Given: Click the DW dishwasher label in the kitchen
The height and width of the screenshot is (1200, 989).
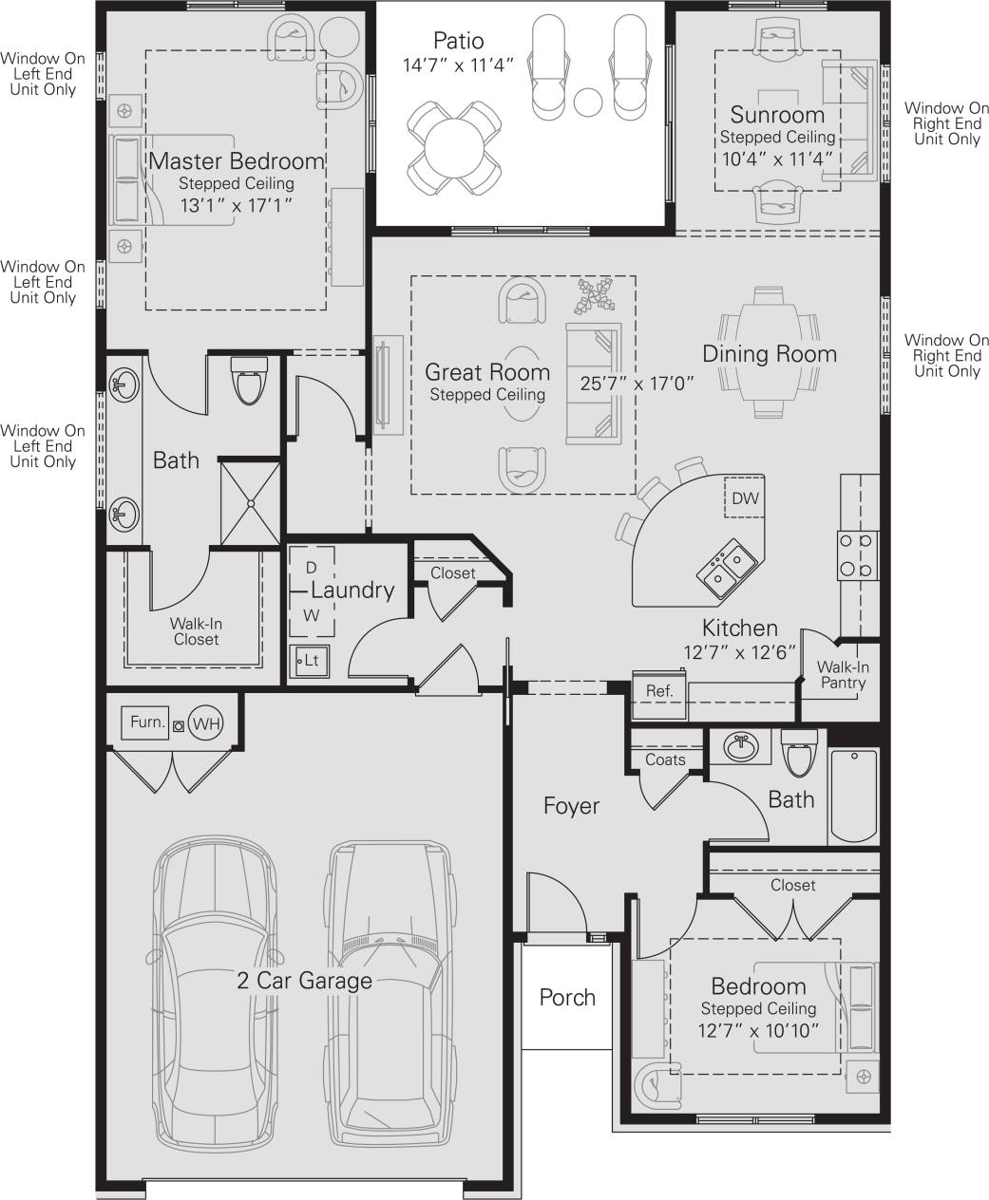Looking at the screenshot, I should [x=745, y=498].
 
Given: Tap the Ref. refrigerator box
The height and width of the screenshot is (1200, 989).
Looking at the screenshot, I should [x=659, y=691].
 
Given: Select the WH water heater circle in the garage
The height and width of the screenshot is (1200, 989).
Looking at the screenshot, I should [x=206, y=723].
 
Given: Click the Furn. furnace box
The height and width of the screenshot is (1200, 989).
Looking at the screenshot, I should [x=147, y=722].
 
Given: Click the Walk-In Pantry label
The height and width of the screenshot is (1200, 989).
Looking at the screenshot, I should [x=842, y=675].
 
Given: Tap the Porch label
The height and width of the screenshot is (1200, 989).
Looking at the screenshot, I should [x=567, y=997].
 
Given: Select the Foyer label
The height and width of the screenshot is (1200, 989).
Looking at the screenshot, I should [x=571, y=806].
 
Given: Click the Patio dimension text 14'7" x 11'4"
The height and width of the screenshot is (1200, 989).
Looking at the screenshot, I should [x=458, y=66].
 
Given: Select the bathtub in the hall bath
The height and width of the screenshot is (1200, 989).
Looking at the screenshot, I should [x=853, y=796].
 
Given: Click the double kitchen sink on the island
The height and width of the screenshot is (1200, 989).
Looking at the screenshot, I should [x=728, y=567].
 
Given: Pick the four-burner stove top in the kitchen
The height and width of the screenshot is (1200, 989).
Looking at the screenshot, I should [x=854, y=555].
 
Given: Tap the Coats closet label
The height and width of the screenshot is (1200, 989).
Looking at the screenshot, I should [x=665, y=759].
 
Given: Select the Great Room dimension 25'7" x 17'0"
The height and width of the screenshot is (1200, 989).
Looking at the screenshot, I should [x=637, y=384].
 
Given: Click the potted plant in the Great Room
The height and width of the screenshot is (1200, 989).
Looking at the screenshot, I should [x=593, y=295].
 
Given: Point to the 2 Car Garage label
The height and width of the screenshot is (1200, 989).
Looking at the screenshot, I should [x=304, y=980].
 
